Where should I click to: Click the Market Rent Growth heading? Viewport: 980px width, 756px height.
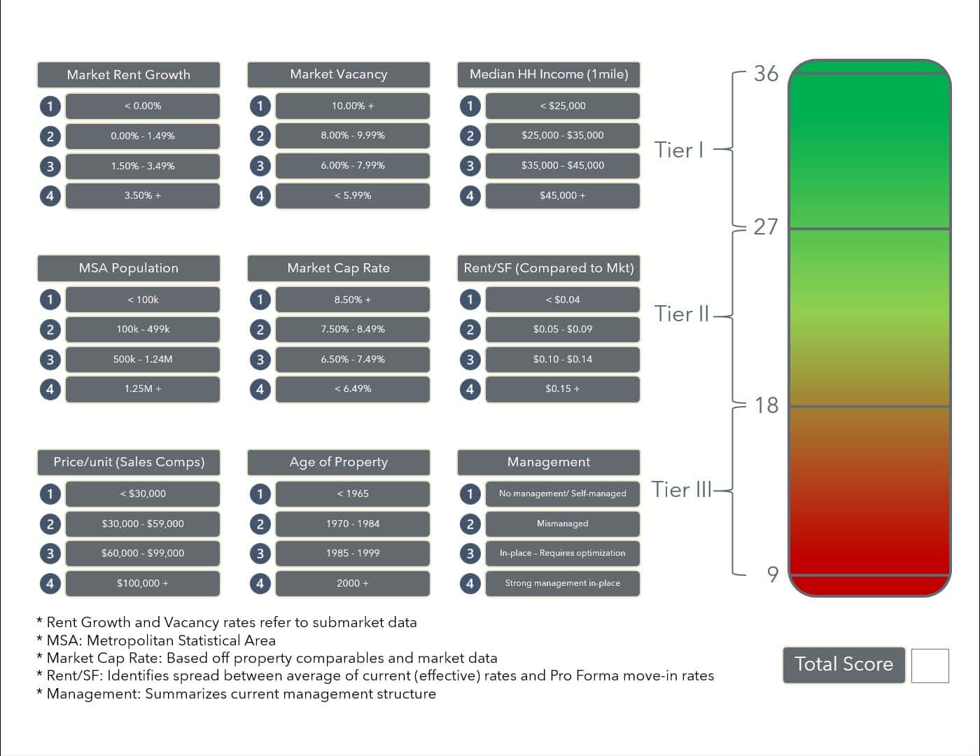tap(129, 74)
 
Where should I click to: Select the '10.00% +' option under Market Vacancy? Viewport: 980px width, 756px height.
tap(353, 106)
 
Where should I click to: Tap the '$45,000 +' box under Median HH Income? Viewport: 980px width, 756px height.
tap(562, 195)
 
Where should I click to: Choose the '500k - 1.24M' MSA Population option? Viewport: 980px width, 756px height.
tap(143, 359)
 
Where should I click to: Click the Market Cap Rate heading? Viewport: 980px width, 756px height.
tap(339, 268)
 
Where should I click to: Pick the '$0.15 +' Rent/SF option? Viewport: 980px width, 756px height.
tap(562, 389)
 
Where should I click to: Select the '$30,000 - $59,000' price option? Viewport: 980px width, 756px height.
tap(143, 524)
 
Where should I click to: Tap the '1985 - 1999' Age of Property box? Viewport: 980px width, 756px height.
tap(353, 553)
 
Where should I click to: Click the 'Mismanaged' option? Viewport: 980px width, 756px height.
tap(562, 524)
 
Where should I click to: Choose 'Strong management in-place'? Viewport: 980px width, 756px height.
tap(562, 583)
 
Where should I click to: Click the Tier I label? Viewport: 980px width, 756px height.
tap(679, 150)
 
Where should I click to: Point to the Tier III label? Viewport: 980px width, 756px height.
tap(681, 489)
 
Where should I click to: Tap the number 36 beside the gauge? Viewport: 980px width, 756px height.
tap(766, 73)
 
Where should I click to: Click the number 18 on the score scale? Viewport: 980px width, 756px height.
tap(766, 405)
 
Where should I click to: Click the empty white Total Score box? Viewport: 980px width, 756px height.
tap(930, 666)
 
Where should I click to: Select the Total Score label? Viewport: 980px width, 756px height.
tap(843, 665)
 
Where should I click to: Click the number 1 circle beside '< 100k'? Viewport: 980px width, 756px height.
tap(50, 300)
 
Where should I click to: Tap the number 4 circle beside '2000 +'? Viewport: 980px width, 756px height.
tap(260, 584)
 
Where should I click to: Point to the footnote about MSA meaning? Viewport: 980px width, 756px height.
tap(156, 640)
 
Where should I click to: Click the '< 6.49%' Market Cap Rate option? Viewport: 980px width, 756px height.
tap(353, 389)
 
